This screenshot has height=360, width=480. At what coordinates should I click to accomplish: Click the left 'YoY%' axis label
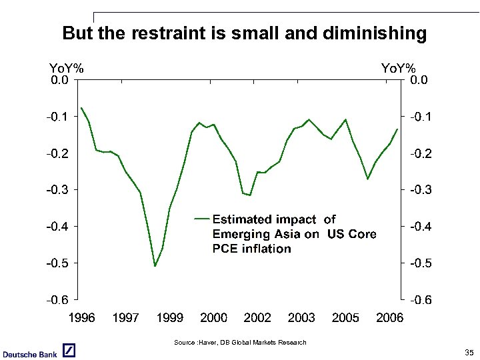click(x=67, y=68)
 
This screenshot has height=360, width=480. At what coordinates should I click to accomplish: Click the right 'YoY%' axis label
click(x=398, y=68)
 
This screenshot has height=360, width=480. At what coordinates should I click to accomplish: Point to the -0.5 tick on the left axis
click(x=58, y=263)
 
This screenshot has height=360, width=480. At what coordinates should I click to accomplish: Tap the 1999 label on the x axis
click(x=169, y=317)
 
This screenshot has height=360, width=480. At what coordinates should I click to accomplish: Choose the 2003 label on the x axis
click(x=301, y=317)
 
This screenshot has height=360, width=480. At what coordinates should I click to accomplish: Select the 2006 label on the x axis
click(x=389, y=317)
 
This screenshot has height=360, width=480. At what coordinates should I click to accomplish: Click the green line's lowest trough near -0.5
click(x=155, y=266)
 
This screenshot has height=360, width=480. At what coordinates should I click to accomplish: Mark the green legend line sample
click(x=201, y=219)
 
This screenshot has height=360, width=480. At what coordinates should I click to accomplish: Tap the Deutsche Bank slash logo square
click(x=69, y=351)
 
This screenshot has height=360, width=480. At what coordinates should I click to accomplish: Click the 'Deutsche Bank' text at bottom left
click(x=29, y=354)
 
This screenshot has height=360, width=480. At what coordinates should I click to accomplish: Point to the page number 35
click(x=469, y=352)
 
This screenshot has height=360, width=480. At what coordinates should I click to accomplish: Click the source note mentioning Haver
click(x=240, y=343)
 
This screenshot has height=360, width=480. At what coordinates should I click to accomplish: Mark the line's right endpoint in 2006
click(x=397, y=129)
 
